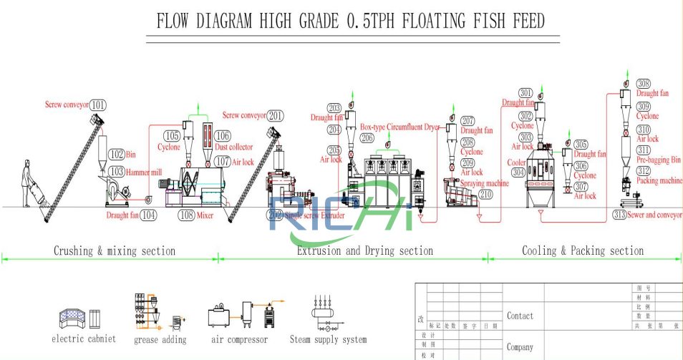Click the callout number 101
click(99, 105)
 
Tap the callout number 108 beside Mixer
click(186, 214)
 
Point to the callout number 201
click(275, 116)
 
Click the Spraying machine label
click(485, 183)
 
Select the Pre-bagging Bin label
click(659, 160)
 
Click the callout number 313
click(621, 215)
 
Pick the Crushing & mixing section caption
click(114, 251)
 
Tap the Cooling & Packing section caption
click(582, 251)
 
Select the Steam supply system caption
click(328, 339)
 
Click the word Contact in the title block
click(520, 316)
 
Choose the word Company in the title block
click(520, 347)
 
